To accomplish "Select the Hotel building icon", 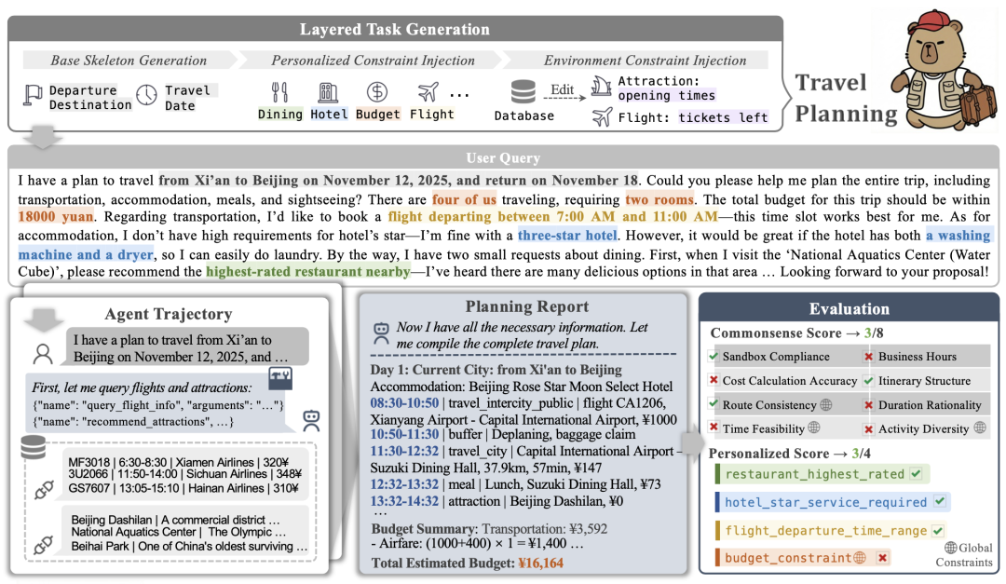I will (328, 92).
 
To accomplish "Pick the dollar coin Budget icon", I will (377, 92).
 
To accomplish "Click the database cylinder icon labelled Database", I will (523, 92).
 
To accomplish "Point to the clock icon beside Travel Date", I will (146, 95).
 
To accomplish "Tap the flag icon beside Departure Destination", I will (33, 94).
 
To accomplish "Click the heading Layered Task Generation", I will (395, 29).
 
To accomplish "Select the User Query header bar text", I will (503, 158).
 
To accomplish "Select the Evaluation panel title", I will (849, 308).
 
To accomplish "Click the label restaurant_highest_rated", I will (814, 474).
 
